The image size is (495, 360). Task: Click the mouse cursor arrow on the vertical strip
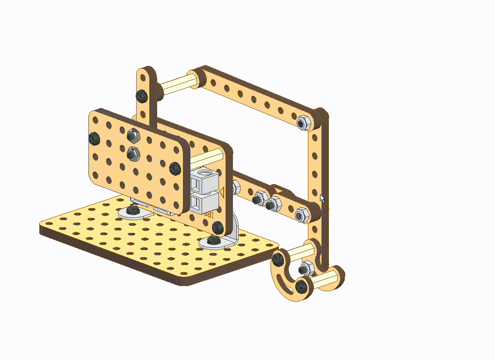click(322, 198)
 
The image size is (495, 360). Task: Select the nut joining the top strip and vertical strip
click(304, 122)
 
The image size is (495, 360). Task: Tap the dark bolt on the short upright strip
click(142, 96)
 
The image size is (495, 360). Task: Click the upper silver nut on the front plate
click(133, 136)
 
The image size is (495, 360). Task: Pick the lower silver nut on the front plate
click(132, 152)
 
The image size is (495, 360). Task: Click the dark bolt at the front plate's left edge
click(94, 138)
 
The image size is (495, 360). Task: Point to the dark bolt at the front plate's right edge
click(175, 168)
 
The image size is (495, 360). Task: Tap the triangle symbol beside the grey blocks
click(223, 192)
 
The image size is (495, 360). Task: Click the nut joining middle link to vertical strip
click(301, 215)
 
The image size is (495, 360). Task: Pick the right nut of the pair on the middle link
click(272, 203)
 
